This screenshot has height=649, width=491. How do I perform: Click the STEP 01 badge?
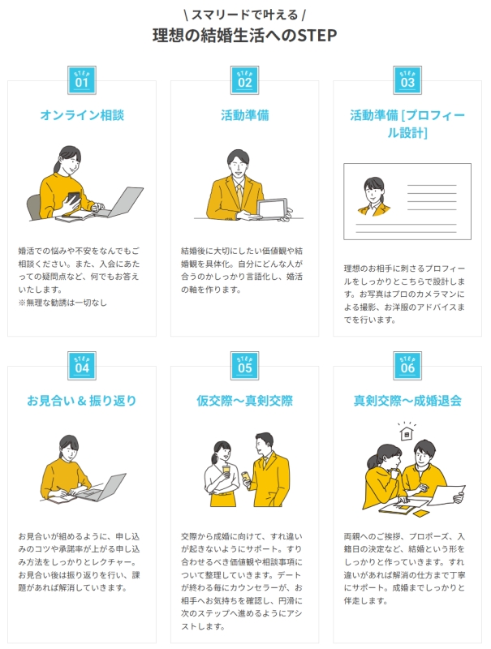click(82, 80)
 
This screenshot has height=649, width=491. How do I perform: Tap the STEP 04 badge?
click(82, 366)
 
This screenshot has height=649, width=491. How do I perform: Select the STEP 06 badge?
click(407, 366)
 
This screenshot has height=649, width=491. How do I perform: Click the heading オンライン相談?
click(82, 115)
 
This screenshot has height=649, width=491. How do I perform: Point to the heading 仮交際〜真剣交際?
click(244, 401)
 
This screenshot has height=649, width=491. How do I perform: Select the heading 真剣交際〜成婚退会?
click(407, 401)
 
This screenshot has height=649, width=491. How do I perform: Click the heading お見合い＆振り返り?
click(81, 401)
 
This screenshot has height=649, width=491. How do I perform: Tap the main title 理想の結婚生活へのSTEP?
click(244, 36)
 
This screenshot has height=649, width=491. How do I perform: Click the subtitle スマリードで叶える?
click(244, 15)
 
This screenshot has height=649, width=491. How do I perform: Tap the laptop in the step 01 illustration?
click(121, 202)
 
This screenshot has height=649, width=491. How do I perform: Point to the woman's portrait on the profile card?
click(374, 196)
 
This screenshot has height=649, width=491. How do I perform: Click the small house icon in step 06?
click(407, 432)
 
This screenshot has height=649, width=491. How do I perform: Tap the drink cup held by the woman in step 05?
click(226, 471)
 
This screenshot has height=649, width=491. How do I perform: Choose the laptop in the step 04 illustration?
click(104, 488)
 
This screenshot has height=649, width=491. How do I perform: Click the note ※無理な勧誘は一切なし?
click(62, 303)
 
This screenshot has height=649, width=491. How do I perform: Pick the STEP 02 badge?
click(244, 80)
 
